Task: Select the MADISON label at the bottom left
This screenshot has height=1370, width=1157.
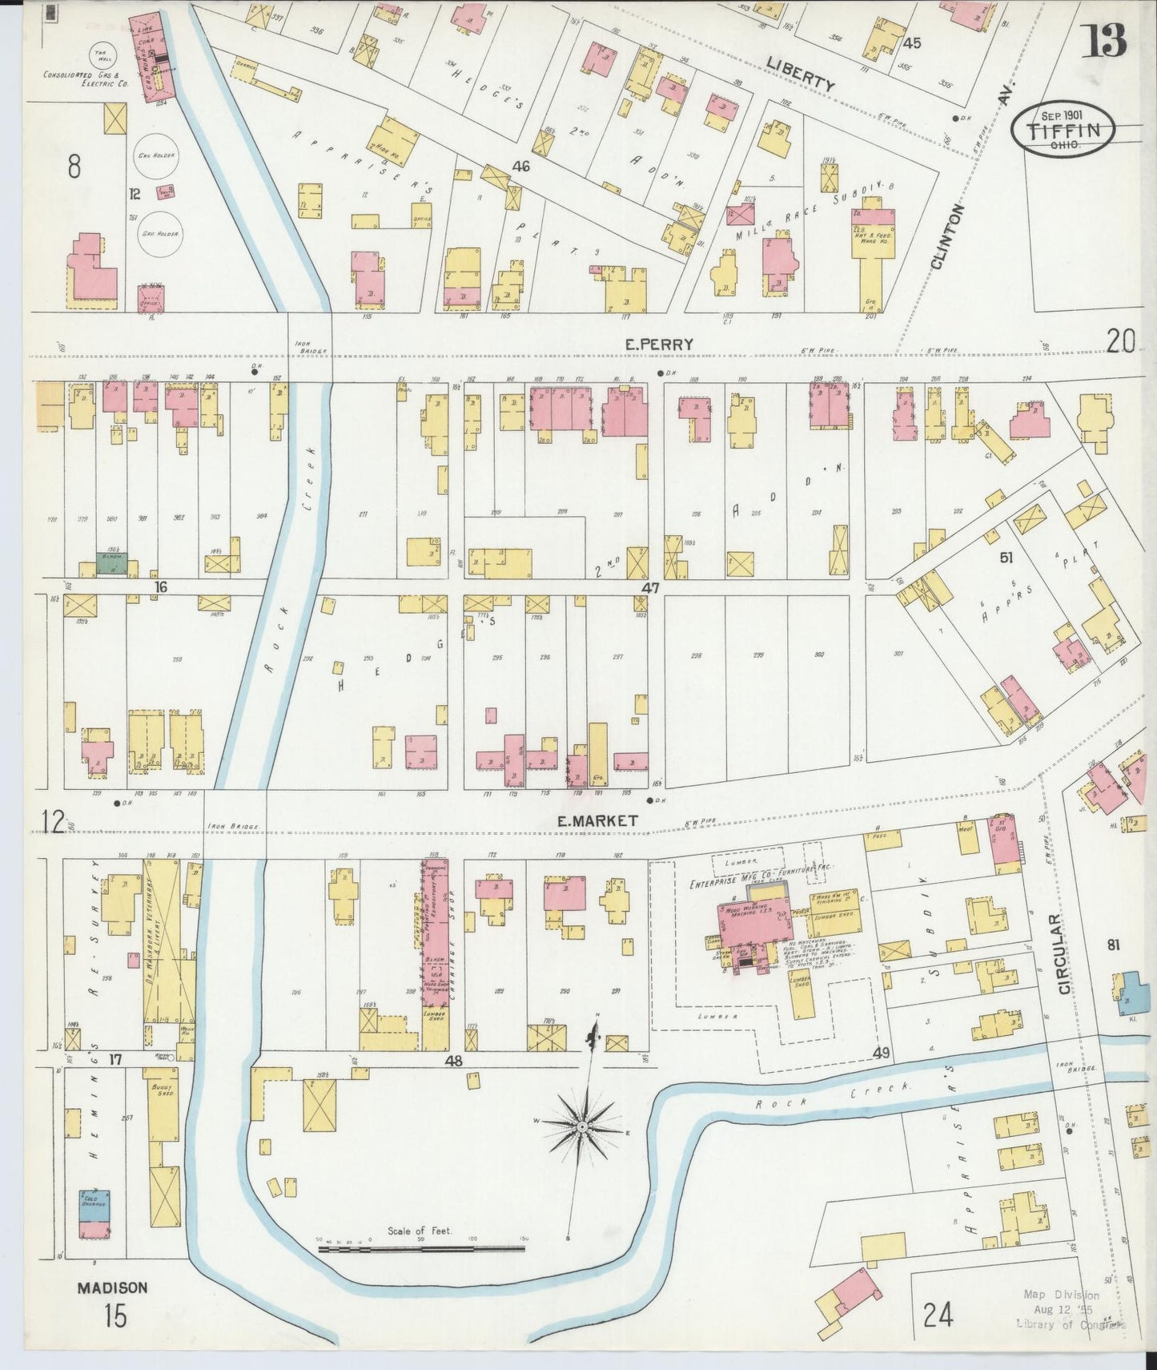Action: click(x=112, y=1288)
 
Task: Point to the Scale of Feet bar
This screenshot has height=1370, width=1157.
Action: click(x=420, y=1248)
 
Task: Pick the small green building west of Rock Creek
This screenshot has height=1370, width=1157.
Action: click(x=114, y=562)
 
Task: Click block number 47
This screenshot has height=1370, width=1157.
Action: click(x=649, y=588)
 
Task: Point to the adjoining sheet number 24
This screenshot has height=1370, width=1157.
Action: click(x=938, y=1315)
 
